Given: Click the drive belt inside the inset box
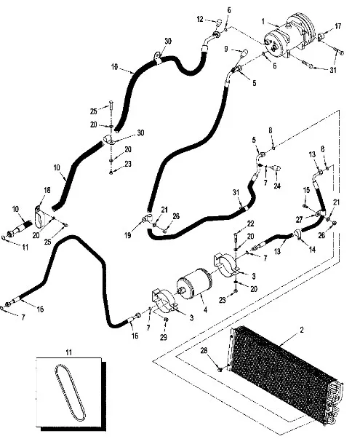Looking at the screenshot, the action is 70,392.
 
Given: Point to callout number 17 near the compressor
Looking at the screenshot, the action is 338,26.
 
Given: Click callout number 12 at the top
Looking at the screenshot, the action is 200,19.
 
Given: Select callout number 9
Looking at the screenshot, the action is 226,49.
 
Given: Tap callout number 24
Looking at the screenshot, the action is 277,186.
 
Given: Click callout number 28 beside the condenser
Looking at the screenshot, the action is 204,350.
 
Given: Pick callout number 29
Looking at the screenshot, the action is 164,337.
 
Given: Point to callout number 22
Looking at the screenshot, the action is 250,224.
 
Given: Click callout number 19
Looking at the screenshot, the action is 127,235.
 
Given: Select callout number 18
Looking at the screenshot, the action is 47,190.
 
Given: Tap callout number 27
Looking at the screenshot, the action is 300,220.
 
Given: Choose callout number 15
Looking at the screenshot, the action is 306,190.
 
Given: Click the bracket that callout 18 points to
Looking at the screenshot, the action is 40,216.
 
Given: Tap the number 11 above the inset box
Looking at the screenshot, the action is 69,352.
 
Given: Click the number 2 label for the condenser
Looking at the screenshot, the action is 302,330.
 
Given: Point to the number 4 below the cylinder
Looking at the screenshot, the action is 205,310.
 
